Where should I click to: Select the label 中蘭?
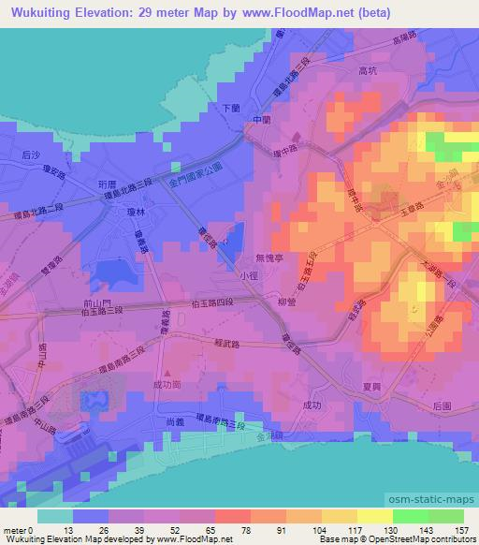point(261,120)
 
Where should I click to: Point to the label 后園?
point(443,406)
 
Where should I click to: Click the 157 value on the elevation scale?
point(460,529)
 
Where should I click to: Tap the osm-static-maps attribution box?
point(431,498)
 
